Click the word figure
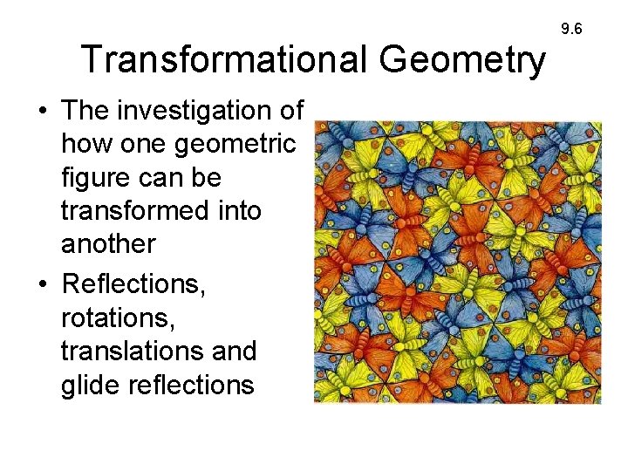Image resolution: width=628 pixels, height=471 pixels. point(97,178)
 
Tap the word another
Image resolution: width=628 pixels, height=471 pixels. point(107,244)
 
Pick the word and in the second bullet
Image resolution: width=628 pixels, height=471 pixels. point(235,352)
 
